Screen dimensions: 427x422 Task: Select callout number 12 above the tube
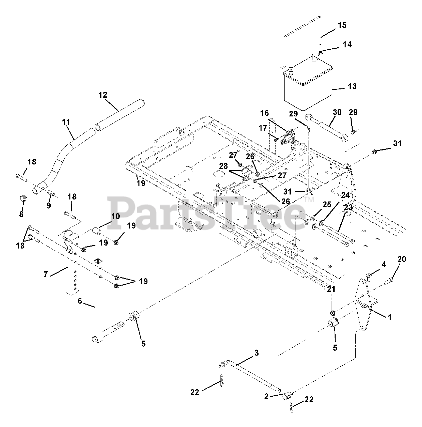coord(103,95)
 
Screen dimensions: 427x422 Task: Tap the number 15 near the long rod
coord(342,25)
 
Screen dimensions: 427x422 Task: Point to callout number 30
coord(337,112)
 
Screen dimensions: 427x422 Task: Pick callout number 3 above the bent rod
coord(256,353)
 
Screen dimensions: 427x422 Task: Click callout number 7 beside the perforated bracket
coord(46,275)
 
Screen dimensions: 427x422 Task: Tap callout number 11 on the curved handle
coord(66,122)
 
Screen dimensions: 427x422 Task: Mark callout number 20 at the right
coord(402,259)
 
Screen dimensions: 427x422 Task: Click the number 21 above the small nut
coord(331,290)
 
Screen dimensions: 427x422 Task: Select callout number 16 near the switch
coord(265,113)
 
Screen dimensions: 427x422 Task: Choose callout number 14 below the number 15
coord(347,45)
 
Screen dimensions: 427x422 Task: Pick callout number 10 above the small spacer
coord(115,217)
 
